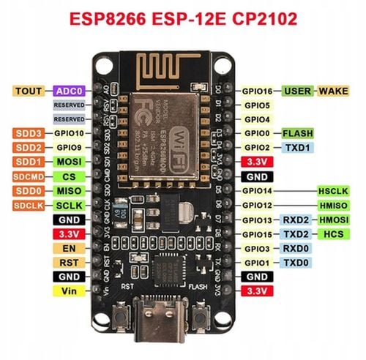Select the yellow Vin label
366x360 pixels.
[69, 290]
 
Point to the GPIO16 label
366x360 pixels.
[258, 91]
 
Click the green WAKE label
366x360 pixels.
[332, 91]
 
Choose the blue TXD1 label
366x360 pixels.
[296, 147]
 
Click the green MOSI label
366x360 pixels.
[70, 162]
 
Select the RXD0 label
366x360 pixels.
[296, 249]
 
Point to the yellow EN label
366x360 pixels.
[69, 247]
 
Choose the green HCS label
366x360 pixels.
[332, 233]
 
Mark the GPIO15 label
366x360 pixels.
[258, 233]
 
